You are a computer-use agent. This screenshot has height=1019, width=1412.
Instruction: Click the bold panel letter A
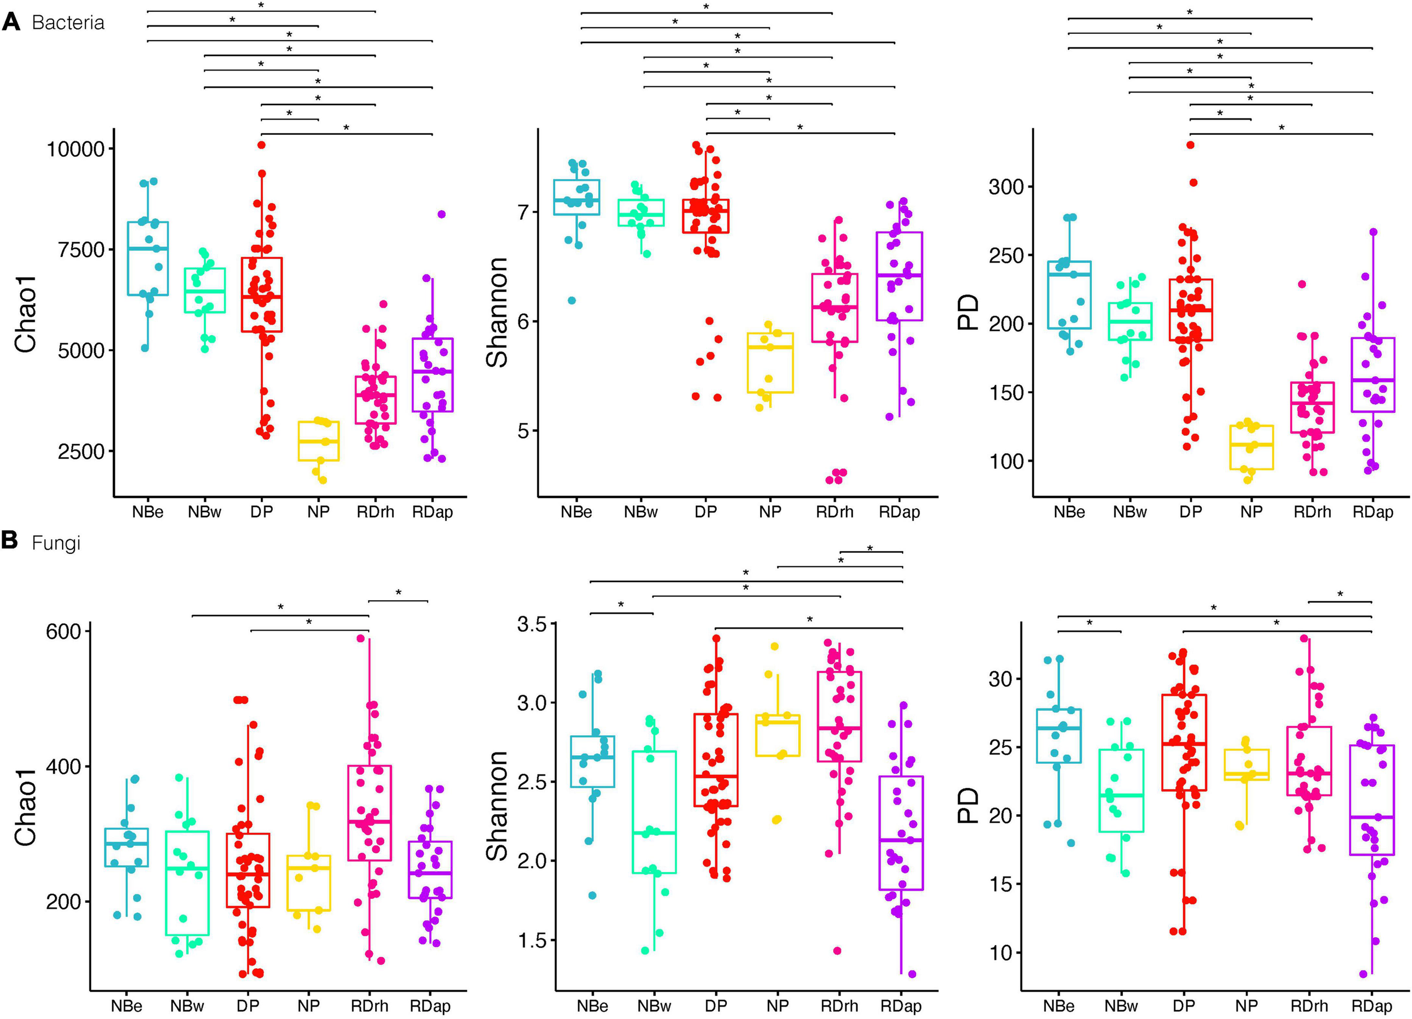click(x=12, y=23)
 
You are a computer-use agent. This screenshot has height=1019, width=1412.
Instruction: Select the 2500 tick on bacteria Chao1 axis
click(x=81, y=451)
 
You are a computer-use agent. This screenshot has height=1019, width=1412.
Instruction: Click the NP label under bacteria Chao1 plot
click(x=318, y=511)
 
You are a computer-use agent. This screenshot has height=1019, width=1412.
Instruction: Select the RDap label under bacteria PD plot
click(x=1372, y=511)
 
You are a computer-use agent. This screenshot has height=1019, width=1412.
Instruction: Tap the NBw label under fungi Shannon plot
click(x=653, y=1006)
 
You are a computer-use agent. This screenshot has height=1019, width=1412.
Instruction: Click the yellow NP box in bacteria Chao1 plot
click(x=318, y=441)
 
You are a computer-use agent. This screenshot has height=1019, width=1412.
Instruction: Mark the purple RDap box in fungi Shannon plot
click(x=901, y=833)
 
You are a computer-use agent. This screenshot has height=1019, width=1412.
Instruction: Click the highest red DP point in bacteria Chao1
click(x=262, y=145)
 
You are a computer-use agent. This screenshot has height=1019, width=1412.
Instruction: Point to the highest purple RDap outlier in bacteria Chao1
click(x=442, y=214)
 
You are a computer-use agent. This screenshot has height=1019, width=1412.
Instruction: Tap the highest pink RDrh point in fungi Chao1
click(x=360, y=638)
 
